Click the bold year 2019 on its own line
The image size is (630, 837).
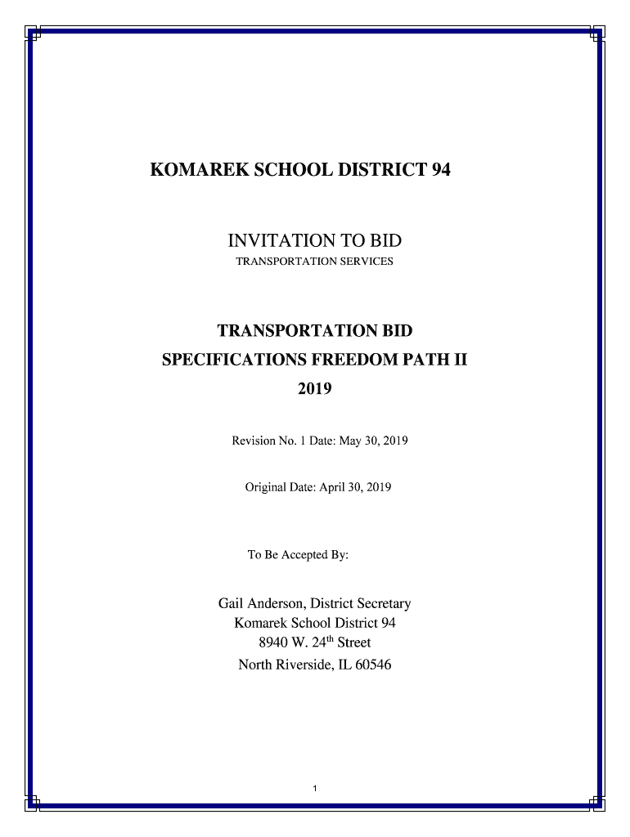[314, 389]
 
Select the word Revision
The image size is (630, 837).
[255, 441]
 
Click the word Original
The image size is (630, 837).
[267, 487]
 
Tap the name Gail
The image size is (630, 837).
[230, 604]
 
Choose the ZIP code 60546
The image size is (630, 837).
[372, 665]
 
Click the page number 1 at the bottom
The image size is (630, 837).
[315, 789]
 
